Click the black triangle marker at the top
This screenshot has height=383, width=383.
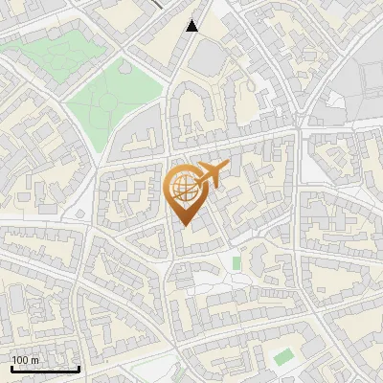[x=192, y=26]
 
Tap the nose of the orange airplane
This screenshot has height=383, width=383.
[x=226, y=167]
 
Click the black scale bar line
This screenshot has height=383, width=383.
[x=45, y=369]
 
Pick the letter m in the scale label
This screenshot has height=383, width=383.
[x=35, y=360]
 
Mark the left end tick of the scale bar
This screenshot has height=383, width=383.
[x=11, y=367]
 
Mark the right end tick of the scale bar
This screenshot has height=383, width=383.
[x=79, y=367]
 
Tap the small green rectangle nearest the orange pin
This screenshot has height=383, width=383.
[x=237, y=262]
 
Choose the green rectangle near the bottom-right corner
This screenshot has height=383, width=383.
[x=282, y=357]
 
